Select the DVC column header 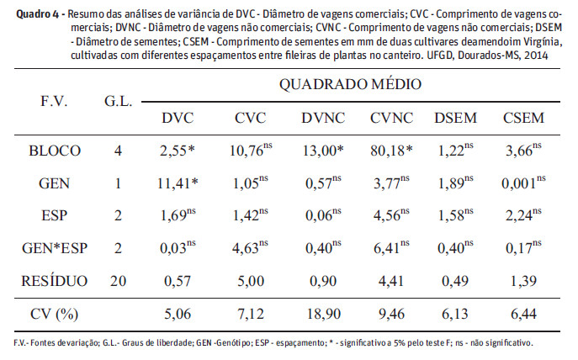(178, 117)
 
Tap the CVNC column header (390, 117)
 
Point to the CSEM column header (522, 117)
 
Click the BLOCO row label (54, 151)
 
